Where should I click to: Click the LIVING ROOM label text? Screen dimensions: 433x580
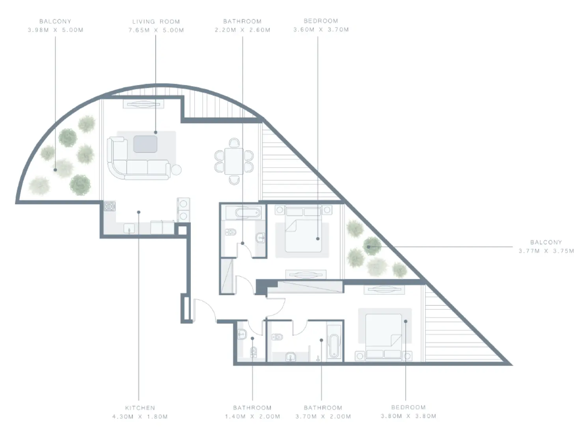pos(156,22)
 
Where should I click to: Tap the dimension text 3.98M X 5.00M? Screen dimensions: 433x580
pos(56,30)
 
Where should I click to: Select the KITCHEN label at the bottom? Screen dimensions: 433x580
pos(140,408)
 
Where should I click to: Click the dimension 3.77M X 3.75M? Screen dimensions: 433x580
pos(546,251)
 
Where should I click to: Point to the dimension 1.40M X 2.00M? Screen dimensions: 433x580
pos(252,416)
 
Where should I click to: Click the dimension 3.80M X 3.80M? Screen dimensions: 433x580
pos(408,416)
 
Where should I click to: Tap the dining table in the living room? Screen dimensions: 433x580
pos(234,161)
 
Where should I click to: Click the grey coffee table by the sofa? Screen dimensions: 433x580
pos(145,144)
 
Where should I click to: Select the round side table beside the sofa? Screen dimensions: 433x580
pos(176,170)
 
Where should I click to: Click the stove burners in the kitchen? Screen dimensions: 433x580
pos(110,206)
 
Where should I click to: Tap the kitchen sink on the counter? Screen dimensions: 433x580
pos(129,228)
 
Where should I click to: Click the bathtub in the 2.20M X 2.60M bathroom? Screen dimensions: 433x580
pos(247,213)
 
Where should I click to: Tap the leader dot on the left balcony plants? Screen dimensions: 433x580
pos(56,170)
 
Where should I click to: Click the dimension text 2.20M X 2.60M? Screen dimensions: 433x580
pos(242,30)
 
